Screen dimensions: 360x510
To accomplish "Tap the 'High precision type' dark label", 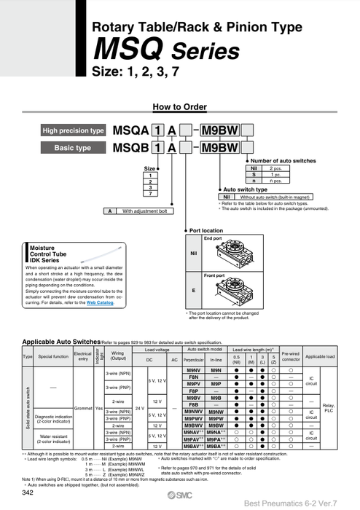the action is coord(73,131).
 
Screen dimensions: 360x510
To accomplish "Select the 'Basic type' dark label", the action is coord(73,148).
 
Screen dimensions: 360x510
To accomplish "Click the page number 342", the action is coord(28,494).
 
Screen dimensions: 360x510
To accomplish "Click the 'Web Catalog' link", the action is coord(100,302).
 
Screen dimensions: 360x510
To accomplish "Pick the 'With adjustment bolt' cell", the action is coord(145,211).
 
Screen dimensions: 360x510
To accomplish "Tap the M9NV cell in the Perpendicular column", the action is coord(194,370).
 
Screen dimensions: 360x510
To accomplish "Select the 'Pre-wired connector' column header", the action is coord(290,356).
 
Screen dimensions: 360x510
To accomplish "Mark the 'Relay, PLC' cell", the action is coord(329,407).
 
